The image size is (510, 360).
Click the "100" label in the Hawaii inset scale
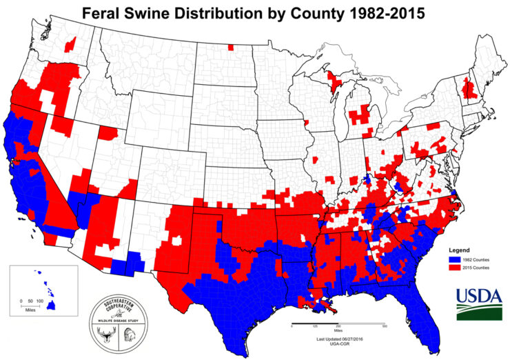40,302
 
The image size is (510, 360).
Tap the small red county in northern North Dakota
230,48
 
